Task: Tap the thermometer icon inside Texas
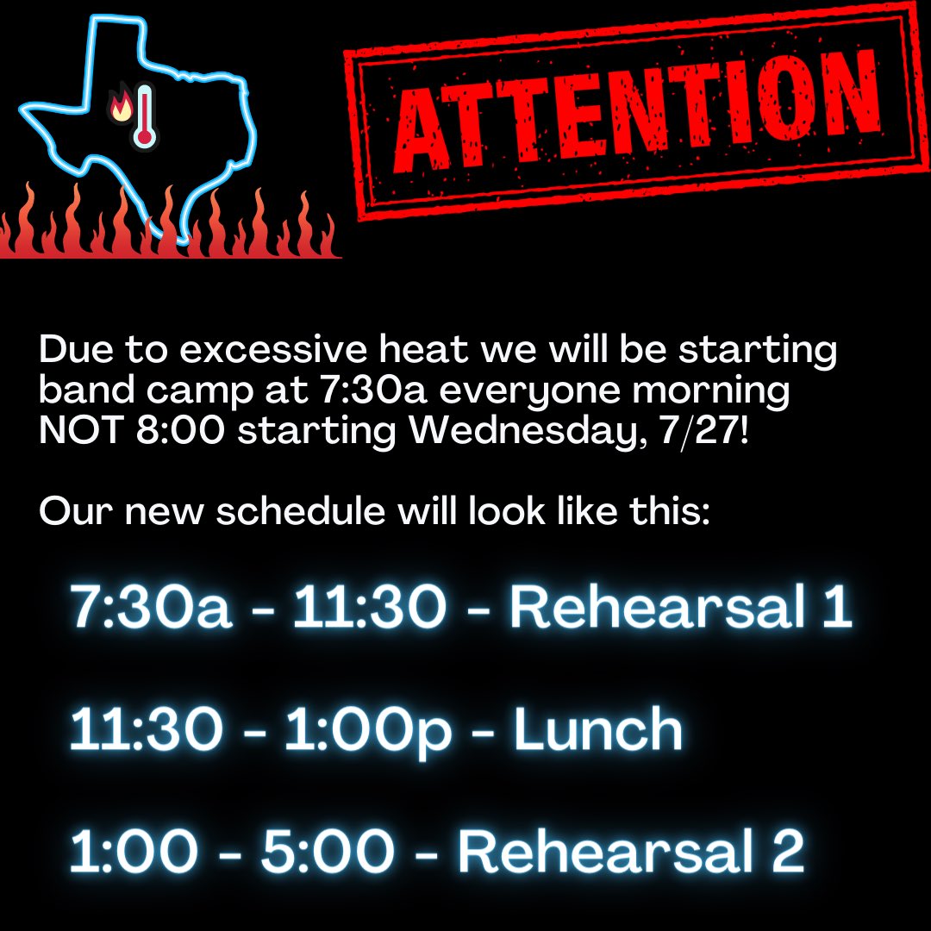[144, 115]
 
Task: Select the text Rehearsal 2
[630, 851]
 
